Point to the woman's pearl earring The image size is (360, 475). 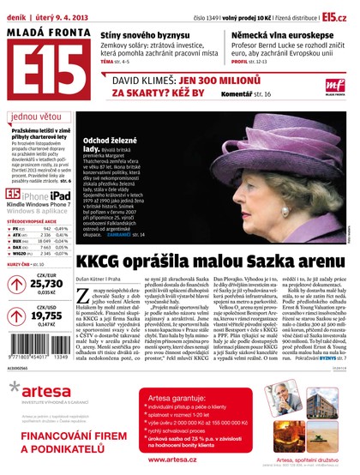click(273, 184)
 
